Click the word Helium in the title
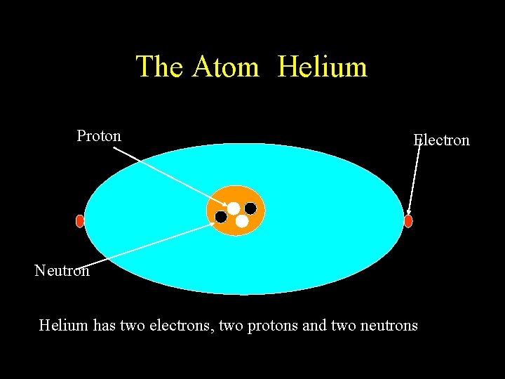tap(322, 67)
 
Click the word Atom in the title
tap(226, 67)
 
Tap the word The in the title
tap(161, 67)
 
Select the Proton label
tap(99, 135)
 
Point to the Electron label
tap(442, 140)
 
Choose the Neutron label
tap(62, 270)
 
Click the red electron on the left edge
tap(79, 221)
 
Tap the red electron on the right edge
tap(408, 221)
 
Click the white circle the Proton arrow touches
tap(233, 208)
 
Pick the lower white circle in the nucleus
tap(242, 221)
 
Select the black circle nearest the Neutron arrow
tap(221, 217)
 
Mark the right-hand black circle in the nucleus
tap(250, 208)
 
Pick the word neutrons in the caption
tap(389, 326)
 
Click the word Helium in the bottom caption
tap(63, 326)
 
